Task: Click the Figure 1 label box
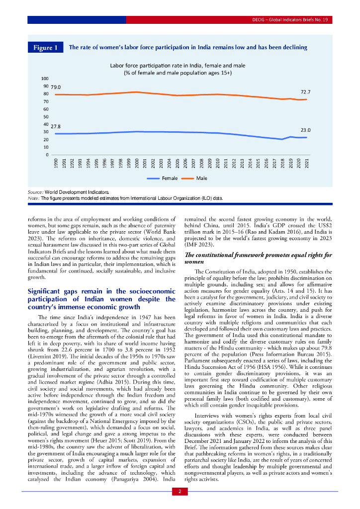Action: [x=45, y=48]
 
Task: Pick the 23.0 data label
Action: [x=305, y=130]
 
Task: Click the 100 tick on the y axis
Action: [x=45, y=79]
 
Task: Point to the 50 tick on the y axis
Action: [x=46, y=117]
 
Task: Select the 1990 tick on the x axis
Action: [x=56, y=164]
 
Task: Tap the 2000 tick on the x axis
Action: [x=137, y=164]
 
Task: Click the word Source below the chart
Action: [x=35, y=191]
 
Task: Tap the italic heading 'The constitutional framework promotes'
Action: [x=258, y=258]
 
